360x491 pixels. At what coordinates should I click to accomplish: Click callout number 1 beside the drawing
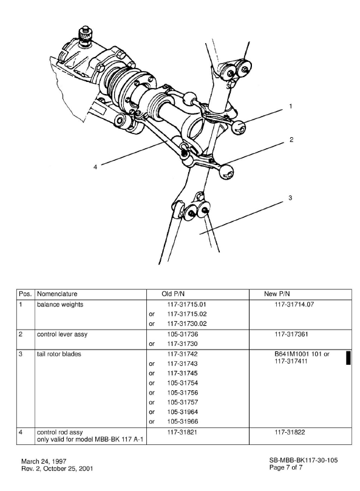tap(291, 106)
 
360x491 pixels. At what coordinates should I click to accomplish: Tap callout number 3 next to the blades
tap(291, 198)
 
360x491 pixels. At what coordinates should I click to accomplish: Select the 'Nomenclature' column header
tap(57, 293)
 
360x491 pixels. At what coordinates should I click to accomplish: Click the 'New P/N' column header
tap(279, 293)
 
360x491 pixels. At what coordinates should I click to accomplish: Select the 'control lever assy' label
tap(62, 334)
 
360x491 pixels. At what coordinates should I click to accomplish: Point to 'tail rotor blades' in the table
tap(59, 353)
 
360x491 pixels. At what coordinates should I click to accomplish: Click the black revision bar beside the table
tap(348, 357)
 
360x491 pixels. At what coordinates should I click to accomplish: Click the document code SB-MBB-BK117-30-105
tap(304, 461)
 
